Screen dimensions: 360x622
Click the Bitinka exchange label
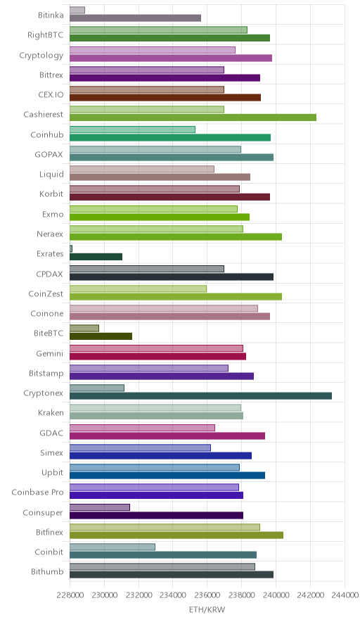(51, 15)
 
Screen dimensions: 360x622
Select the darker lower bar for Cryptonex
(200, 396)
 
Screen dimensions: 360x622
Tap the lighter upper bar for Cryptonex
(97, 388)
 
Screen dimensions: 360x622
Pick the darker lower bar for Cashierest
(193, 118)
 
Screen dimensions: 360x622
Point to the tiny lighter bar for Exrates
(71, 248)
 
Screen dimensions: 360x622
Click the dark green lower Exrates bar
(96, 257)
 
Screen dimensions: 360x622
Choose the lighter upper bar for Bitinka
(77, 10)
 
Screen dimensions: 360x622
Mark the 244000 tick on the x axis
(345, 595)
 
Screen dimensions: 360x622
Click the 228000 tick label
(70, 595)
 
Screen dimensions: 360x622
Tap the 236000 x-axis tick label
(207, 595)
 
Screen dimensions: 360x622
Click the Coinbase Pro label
(37, 493)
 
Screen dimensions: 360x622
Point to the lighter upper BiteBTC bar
(84, 328)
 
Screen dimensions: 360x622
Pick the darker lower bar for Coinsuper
(156, 515)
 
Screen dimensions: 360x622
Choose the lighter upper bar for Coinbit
(112, 547)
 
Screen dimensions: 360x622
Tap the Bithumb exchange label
(47, 571)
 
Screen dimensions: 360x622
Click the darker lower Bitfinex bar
(176, 535)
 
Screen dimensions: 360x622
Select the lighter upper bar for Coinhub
(132, 129)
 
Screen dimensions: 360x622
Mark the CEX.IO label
(51, 95)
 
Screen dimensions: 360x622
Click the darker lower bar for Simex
(160, 456)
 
